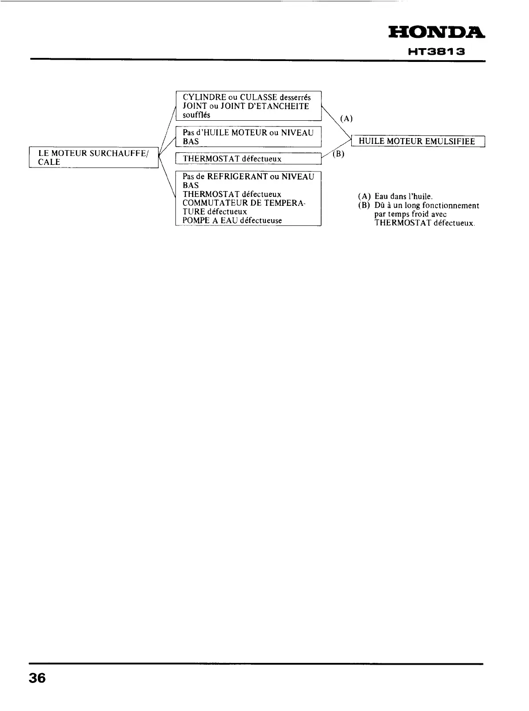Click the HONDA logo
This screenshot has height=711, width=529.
point(436,33)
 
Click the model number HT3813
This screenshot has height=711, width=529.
point(437,52)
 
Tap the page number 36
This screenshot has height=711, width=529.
point(37,678)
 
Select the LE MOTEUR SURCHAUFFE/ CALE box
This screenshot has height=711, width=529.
point(94,157)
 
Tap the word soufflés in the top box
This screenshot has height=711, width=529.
point(196,115)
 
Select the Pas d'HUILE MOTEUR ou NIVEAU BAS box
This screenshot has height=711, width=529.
point(248,137)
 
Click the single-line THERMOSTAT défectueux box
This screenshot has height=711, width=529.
point(248,159)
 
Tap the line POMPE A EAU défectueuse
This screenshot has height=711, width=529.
point(232,221)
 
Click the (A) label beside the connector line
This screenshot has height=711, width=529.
point(346,118)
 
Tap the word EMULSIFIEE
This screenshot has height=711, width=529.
point(450,142)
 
